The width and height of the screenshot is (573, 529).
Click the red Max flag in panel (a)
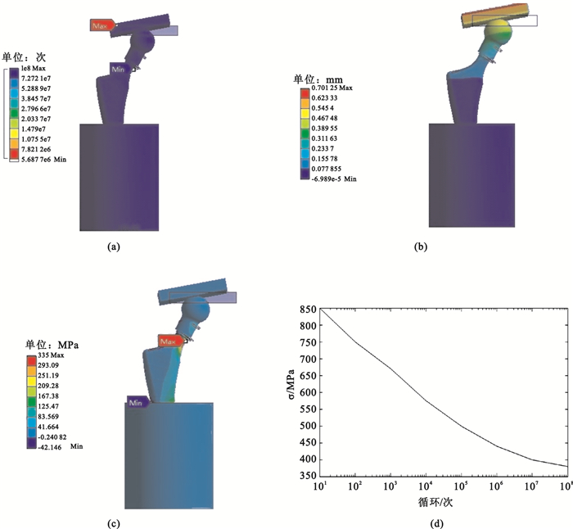pos(101,26)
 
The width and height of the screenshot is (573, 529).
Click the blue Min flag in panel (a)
pos(120,67)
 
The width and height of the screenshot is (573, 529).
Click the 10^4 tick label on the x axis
pos(425,498)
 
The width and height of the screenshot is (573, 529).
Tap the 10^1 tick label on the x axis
pos(319,498)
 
